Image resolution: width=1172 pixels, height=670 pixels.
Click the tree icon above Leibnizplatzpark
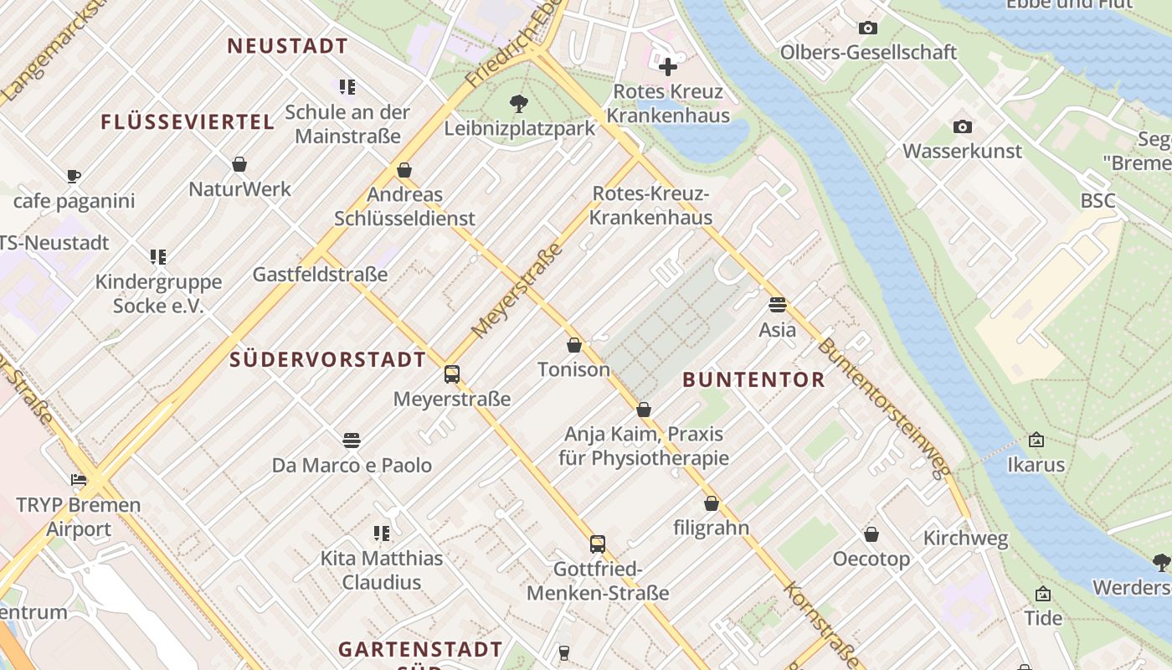coord(519,104)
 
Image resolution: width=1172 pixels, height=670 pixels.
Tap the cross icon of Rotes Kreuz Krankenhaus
coord(667,66)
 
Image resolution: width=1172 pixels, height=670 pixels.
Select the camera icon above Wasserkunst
coord(962,127)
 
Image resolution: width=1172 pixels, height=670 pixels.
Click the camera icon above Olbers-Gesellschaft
coord(868,28)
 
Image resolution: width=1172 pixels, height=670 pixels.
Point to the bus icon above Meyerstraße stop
coord(452,374)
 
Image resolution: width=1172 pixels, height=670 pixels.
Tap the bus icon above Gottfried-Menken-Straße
coord(597,544)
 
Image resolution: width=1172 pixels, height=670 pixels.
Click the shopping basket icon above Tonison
coord(574,345)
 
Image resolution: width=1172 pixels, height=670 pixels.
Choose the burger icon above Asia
coord(777,305)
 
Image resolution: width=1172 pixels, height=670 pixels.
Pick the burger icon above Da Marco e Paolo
coord(352,441)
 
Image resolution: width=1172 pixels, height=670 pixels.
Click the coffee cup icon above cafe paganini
coord(74,177)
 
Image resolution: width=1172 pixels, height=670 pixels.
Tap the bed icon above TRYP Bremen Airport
coord(79,481)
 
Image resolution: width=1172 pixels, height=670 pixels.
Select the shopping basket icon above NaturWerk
coord(239,164)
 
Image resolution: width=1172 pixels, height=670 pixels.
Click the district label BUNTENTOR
coord(753,379)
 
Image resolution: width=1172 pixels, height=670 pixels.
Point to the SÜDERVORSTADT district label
coord(327,360)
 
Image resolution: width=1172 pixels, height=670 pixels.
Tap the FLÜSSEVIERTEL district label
coord(188,122)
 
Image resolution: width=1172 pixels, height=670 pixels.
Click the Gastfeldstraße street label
coord(320,275)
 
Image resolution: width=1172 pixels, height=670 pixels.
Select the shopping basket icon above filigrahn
coord(711,503)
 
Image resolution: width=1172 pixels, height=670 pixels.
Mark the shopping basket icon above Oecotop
coord(871,534)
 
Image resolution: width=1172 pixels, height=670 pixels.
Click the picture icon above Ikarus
coord(1036,440)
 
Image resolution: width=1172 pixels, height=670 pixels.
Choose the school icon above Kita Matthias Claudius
coord(382,533)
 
